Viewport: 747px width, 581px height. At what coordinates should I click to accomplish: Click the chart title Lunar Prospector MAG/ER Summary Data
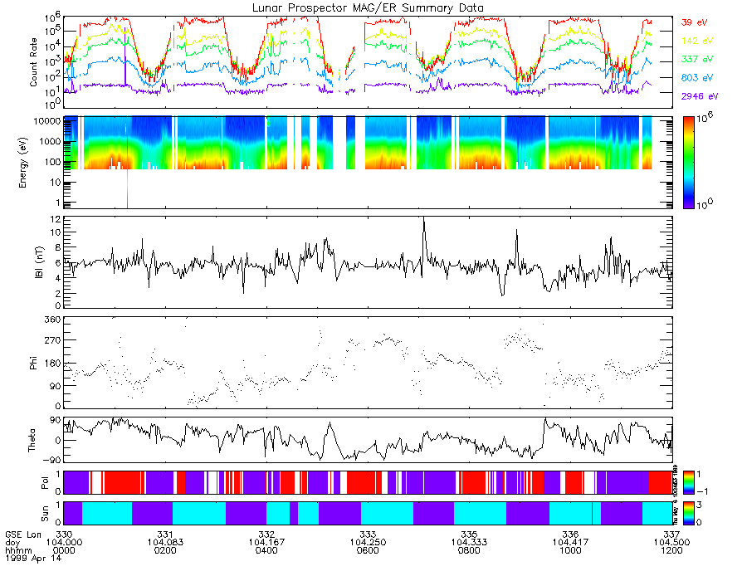tap(369, 7)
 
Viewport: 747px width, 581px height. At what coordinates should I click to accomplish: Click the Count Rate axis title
tap(34, 62)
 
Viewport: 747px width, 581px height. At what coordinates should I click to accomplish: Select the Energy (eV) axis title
tap(34, 162)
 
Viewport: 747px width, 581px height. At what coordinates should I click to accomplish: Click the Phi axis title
tap(38, 363)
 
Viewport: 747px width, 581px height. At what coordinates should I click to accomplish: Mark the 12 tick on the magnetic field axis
tap(55, 218)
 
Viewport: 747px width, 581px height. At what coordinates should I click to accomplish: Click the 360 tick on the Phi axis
tap(51, 320)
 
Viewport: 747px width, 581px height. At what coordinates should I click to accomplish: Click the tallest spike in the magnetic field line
tap(424, 218)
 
